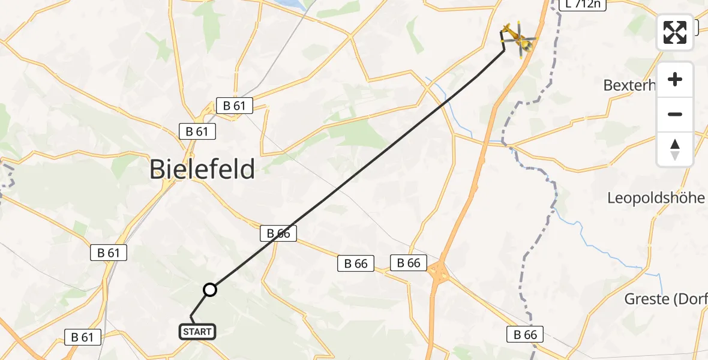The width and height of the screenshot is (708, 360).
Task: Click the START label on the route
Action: (197, 331)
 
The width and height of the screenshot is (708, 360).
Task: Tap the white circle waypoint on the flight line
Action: (209, 290)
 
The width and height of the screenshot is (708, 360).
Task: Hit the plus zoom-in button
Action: (675, 79)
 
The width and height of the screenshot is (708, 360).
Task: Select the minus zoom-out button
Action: (675, 114)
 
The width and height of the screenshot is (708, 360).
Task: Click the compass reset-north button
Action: (675, 149)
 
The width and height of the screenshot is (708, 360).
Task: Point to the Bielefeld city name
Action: (202, 169)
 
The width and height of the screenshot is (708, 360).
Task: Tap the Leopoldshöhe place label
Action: (656, 198)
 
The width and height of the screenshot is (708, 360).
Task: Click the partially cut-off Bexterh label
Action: (628, 85)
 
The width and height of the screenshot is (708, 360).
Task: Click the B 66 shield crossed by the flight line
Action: (278, 233)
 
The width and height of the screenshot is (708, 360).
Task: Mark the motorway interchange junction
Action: (440, 273)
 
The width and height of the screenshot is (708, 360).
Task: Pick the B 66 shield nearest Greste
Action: (524, 334)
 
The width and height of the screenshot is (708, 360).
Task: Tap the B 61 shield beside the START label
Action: (82, 337)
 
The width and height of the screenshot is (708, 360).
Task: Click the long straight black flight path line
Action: (360, 169)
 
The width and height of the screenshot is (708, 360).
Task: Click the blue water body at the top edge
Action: (287, 4)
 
